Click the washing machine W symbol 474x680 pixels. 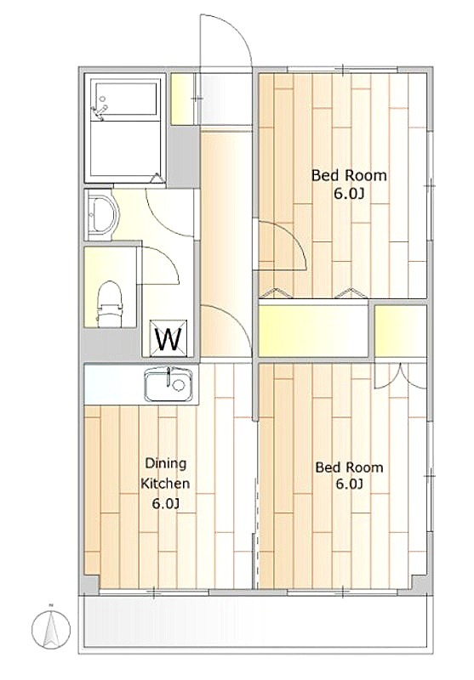coord(168,338)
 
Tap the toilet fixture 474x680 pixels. coord(110,303)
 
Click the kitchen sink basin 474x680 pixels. coord(168,385)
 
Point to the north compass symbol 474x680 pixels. coord(51,627)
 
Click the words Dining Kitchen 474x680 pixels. coord(165,473)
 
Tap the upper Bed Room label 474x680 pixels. coord(349,176)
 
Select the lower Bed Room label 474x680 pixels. coord(350,467)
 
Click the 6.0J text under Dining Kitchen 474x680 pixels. coord(166,504)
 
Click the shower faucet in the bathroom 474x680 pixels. coord(99,110)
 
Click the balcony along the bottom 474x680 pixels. coord(255,622)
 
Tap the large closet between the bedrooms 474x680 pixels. coord(313,331)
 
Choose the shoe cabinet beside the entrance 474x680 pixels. coord(182,99)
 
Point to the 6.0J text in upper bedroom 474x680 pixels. coord(349,194)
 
